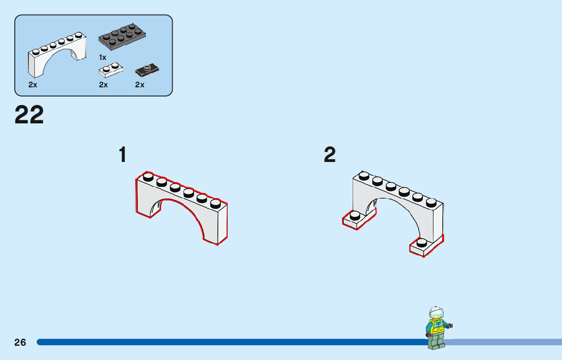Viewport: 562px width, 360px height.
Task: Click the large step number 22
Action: [x=29, y=115]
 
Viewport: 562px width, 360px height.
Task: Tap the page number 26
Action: [x=20, y=342]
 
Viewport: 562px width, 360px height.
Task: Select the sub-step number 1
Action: [x=122, y=155]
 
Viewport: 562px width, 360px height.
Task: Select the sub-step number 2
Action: [x=330, y=155]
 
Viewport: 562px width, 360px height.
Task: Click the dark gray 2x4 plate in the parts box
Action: [x=122, y=37]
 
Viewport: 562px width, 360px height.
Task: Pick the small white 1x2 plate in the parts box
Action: [x=110, y=70]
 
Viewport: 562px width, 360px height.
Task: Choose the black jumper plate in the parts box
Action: [x=147, y=70]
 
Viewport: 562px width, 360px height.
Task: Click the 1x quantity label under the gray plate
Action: [x=103, y=57]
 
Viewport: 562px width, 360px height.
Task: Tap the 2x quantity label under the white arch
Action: [x=33, y=85]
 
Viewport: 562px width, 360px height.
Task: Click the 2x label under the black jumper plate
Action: [x=140, y=85]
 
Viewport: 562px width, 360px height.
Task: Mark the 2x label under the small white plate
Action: [x=104, y=85]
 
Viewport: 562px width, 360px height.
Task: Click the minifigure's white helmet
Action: [x=435, y=311]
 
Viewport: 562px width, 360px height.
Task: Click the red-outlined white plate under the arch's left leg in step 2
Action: [x=359, y=219]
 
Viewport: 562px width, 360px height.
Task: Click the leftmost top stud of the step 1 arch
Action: [x=148, y=177]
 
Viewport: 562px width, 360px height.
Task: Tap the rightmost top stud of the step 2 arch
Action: [x=431, y=202]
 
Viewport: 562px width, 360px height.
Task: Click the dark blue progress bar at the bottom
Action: [x=229, y=342]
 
